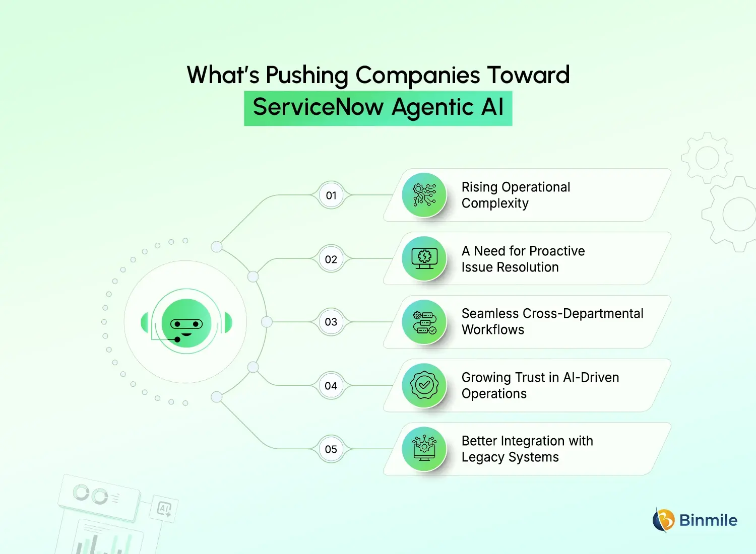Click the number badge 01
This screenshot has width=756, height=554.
pyautogui.click(x=331, y=195)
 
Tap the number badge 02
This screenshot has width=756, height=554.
pyautogui.click(x=331, y=259)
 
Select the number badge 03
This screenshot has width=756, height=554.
pyautogui.click(x=331, y=322)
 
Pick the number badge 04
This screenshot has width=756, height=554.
pyautogui.click(x=331, y=386)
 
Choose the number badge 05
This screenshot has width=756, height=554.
pyautogui.click(x=331, y=449)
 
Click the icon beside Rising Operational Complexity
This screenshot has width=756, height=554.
pyautogui.click(x=424, y=195)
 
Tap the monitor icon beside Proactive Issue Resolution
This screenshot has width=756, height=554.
pyautogui.click(x=424, y=259)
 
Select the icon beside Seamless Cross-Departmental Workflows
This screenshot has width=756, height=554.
pyautogui.click(x=424, y=322)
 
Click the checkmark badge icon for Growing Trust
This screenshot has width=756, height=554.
pyautogui.click(x=424, y=386)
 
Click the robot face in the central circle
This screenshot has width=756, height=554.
pyautogui.click(x=186, y=323)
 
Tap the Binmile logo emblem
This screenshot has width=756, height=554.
pyautogui.click(x=663, y=520)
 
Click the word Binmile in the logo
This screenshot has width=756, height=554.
pyautogui.click(x=708, y=520)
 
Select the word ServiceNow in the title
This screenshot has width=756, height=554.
pyautogui.click(x=318, y=107)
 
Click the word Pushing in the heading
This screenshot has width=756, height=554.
pyautogui.click(x=306, y=76)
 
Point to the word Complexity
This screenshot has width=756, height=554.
pyautogui.click(x=495, y=203)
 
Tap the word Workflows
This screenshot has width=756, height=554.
pyautogui.click(x=493, y=330)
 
